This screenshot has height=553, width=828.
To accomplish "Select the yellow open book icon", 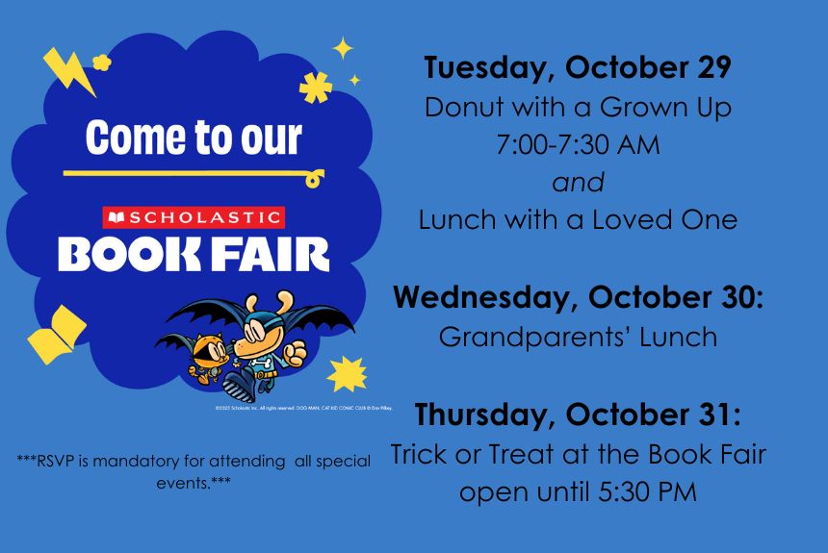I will click(x=56, y=333).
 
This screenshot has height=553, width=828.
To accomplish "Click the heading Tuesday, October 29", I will click(x=578, y=68).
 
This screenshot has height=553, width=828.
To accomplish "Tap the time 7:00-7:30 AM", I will click(x=578, y=145).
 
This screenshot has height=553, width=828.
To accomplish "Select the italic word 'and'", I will click(x=578, y=182).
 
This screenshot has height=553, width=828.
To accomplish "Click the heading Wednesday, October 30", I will click(x=578, y=297).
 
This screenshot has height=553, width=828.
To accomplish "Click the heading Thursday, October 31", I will click(x=578, y=415).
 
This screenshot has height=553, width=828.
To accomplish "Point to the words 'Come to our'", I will click(x=194, y=138).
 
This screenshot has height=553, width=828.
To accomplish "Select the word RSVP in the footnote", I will click(x=58, y=462).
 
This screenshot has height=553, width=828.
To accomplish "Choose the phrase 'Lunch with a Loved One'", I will click(x=578, y=219).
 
